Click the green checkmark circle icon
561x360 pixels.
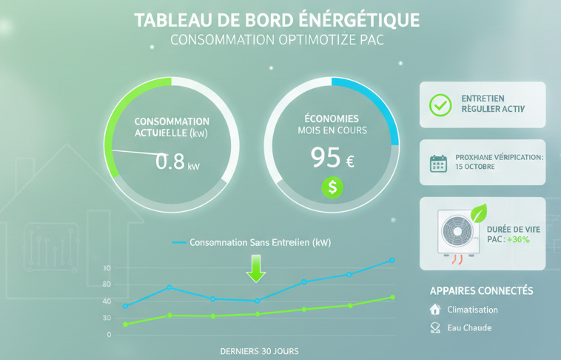pyautogui.click(x=440, y=104)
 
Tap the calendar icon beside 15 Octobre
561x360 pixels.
pyautogui.click(x=439, y=163)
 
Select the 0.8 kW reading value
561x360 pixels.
pyautogui.click(x=170, y=161)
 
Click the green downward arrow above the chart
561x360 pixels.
pyautogui.click(x=256, y=268)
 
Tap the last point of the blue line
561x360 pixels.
pyautogui.click(x=392, y=261)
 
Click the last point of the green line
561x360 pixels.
pyautogui.click(x=392, y=298)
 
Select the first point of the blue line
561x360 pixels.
pyautogui.click(x=125, y=306)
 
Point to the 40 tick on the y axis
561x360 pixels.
pyautogui.click(x=107, y=301)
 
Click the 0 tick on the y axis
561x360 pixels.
pyautogui.click(x=109, y=335)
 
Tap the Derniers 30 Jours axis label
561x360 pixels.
pyautogui.click(x=259, y=350)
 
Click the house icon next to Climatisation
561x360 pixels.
pyautogui.click(x=435, y=310)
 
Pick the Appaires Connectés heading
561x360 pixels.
pyautogui.click(x=481, y=290)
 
